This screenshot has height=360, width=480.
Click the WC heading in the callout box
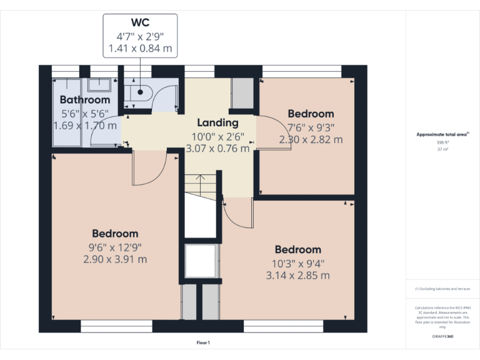140,22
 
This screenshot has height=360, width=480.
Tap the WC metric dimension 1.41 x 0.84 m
140,48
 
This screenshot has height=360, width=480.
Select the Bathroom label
85,100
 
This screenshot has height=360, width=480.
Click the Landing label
217,123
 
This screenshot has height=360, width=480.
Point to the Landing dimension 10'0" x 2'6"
217,136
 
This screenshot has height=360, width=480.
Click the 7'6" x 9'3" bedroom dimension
311,127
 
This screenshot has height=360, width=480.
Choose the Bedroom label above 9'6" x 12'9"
115,234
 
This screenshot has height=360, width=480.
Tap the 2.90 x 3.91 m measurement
115,259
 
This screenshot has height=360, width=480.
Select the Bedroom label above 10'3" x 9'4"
297,249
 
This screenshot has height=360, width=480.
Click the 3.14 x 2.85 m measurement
297,275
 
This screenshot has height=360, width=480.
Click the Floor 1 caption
203,342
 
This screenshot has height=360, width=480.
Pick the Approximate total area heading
442,134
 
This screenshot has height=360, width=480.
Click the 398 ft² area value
442,142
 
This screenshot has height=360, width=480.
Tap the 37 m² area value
442,149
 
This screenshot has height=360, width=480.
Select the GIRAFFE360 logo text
442,336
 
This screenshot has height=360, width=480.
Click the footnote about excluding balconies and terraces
442,289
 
